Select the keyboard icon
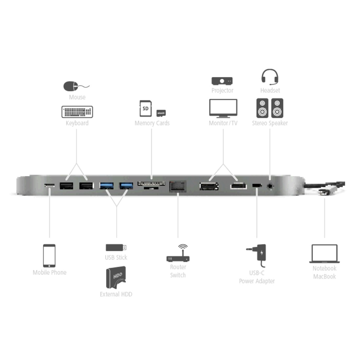pyautogui.click(x=77, y=112)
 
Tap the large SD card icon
pyautogui.click(x=146, y=108)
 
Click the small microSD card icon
pyautogui.click(x=161, y=113)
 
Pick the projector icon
pyautogui.click(x=222, y=81)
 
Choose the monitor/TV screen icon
pyautogui.click(x=223, y=108)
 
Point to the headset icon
pyautogui.click(x=270, y=77)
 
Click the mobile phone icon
pyautogui.click(x=49, y=256)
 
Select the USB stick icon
pyautogui.click(x=116, y=247)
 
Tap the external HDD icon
pyautogui.click(x=116, y=277)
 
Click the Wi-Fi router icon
pyautogui.click(x=178, y=253)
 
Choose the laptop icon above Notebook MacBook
pyautogui.click(x=324, y=253)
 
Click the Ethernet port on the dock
pyautogui.click(x=178, y=186)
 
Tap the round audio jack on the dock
pyautogui.click(x=270, y=186)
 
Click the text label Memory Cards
pyautogui.click(x=152, y=123)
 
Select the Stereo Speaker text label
pyautogui.click(x=270, y=123)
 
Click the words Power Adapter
pyautogui.click(x=257, y=281)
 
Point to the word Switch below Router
pyautogui.click(x=178, y=275)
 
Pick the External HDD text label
pyautogui.click(x=116, y=294)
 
